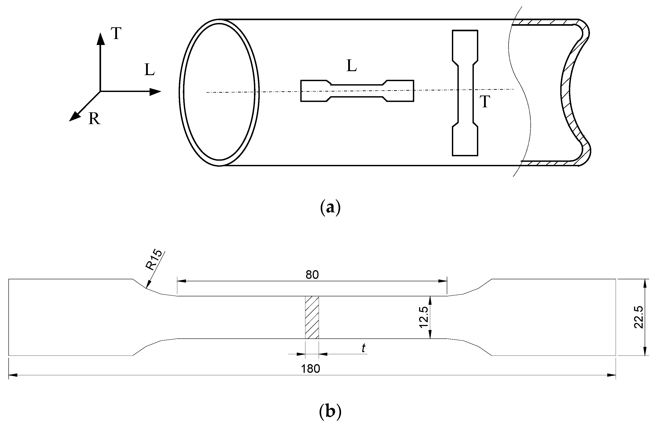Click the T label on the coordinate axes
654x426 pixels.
click(x=116, y=33)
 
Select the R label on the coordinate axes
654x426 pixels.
click(x=94, y=119)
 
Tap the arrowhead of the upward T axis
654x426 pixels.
click(x=101, y=39)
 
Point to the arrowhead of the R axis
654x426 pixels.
click(x=73, y=117)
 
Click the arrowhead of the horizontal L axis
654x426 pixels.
click(x=155, y=92)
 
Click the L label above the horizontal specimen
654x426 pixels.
click(x=351, y=66)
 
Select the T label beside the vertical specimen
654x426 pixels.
click(x=485, y=102)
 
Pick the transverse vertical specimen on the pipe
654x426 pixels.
click(x=465, y=93)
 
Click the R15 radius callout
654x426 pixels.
click(x=154, y=261)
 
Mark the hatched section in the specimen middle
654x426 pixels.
click(x=312, y=317)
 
